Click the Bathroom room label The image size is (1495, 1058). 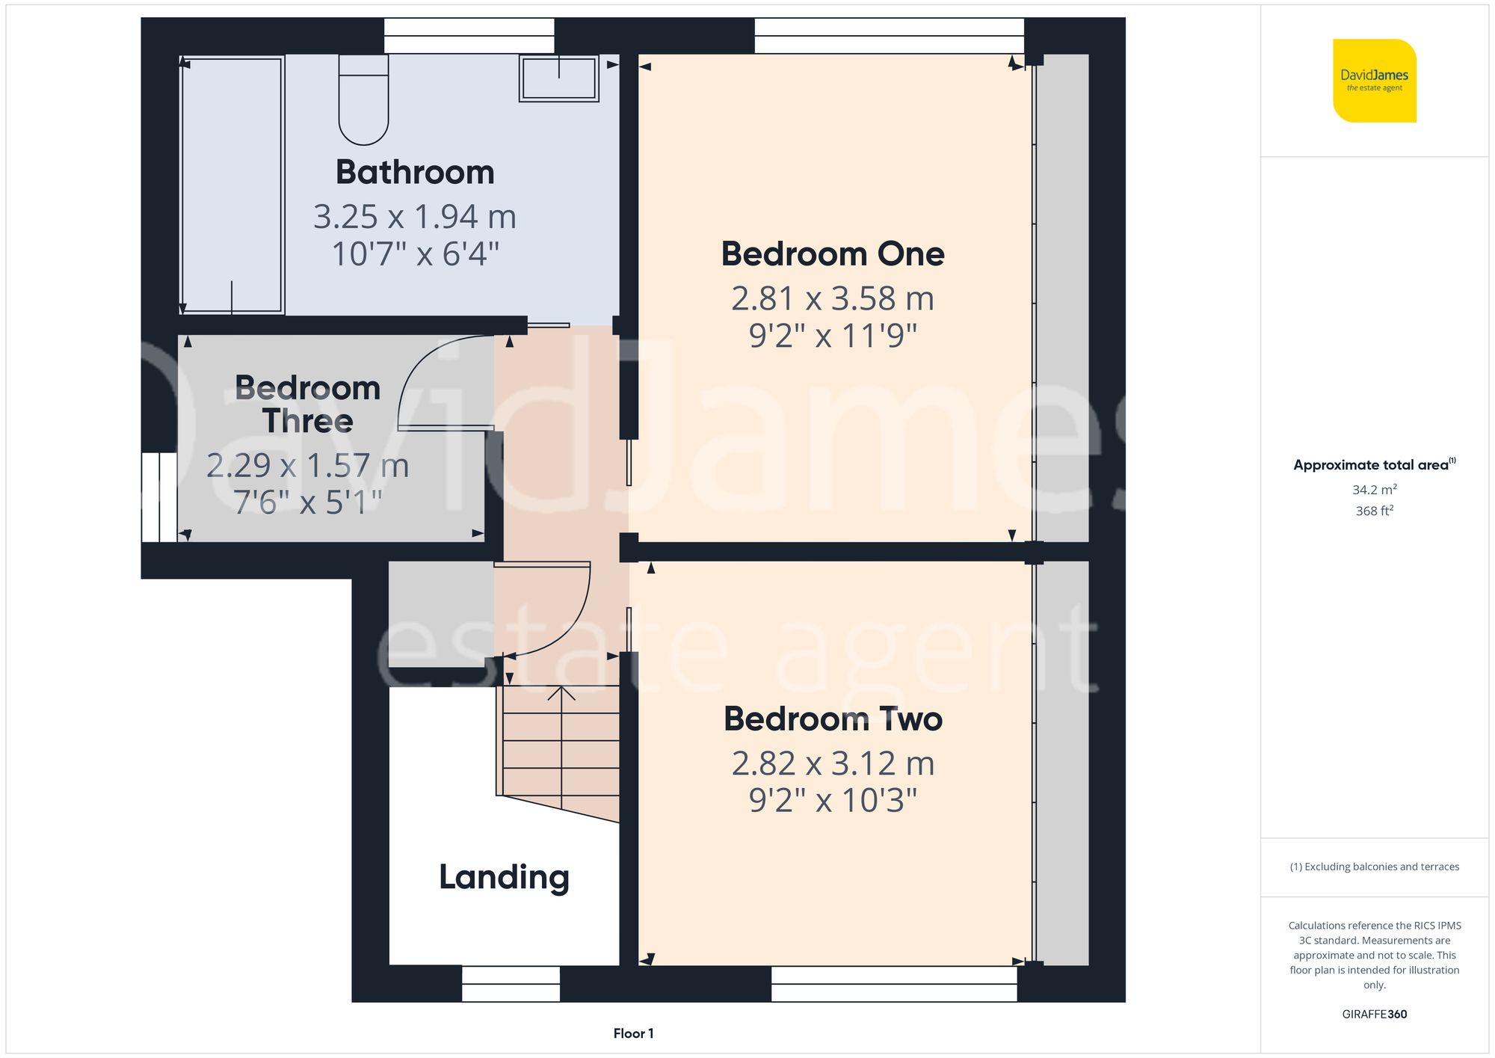point(415,173)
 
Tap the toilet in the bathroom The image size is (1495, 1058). point(363,101)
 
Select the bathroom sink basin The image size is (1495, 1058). point(559,79)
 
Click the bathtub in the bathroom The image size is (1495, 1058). point(232,184)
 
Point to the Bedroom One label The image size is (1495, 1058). point(833,254)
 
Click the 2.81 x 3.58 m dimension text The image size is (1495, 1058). point(833,299)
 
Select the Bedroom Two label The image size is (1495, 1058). point(833,719)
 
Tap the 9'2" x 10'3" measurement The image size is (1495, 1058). point(833,801)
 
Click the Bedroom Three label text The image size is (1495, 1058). point(307,405)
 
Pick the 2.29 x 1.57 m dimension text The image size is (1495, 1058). point(307,466)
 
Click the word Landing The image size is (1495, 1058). point(504,877)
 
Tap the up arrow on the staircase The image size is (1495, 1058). point(561,694)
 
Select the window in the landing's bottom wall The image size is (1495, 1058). point(511,983)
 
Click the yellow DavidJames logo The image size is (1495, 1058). point(1374,81)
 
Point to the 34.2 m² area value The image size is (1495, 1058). point(1374,490)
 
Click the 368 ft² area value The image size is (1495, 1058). point(1374,511)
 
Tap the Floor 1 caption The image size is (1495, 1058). point(633,1033)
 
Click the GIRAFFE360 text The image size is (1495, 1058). point(1374,1015)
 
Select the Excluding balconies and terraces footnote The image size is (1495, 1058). point(1374,867)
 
